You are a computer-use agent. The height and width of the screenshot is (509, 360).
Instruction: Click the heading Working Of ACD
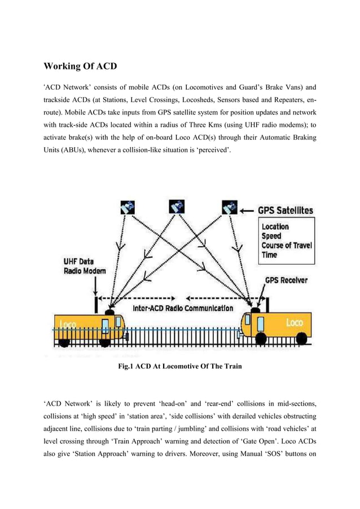[80, 67]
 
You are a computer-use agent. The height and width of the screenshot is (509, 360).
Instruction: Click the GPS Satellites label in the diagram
[286, 210]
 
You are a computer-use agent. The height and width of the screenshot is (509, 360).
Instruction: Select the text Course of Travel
[287, 246]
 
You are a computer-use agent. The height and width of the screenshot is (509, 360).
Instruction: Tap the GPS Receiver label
[286, 280]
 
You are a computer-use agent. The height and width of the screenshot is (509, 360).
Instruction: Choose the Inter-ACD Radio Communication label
[183, 308]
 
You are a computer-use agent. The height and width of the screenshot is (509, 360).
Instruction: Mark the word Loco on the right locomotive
[293, 322]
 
